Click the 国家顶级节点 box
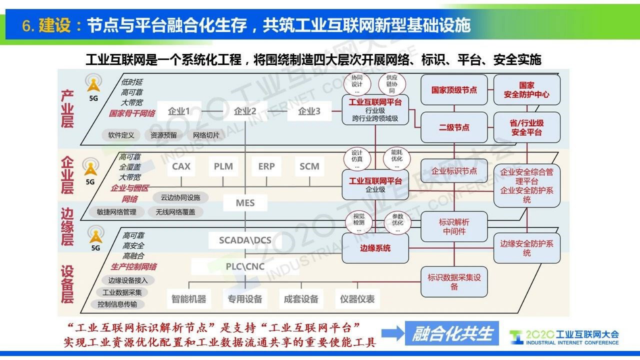(454, 90)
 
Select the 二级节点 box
(454, 128)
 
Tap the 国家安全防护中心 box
(526, 90)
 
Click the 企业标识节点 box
(454, 171)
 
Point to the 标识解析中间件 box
(454, 227)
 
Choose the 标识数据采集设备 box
(454, 282)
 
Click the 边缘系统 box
(375, 248)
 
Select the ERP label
(266, 166)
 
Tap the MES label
(245, 203)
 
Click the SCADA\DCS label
(245, 240)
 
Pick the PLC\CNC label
(245, 266)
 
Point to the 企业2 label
(245, 111)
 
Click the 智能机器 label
(189, 299)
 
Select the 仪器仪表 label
(357, 299)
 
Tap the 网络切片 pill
(206, 135)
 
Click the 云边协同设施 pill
(180, 197)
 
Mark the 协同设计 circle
(357, 84)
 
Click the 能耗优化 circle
(396, 158)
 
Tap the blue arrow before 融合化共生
(392, 333)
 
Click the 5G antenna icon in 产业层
(93, 84)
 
